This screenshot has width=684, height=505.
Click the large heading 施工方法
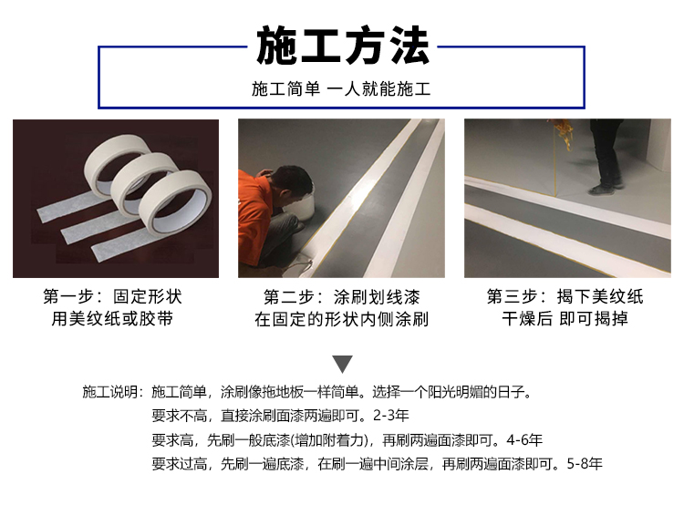point(342,46)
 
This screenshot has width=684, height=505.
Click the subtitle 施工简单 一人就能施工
point(341,89)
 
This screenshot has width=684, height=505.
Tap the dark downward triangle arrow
point(342,364)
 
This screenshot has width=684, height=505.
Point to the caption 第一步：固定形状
point(112,296)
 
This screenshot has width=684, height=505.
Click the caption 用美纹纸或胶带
point(112,318)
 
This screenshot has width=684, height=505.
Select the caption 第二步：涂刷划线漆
point(342,297)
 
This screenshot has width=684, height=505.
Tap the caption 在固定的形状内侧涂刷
point(342,319)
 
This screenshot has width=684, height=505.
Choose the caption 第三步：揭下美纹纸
point(565,296)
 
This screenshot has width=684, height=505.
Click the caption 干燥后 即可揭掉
point(565,318)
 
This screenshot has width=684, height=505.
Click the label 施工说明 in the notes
point(110,392)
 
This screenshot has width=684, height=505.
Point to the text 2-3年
point(391,416)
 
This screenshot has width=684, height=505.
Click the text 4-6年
point(524,439)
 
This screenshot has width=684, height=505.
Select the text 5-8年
point(585,464)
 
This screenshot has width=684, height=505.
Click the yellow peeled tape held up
point(563,133)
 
